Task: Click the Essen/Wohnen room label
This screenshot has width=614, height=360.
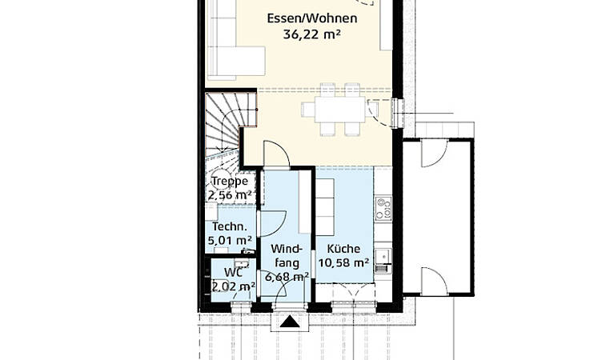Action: click(x=312, y=18)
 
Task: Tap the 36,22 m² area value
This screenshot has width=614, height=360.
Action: click(x=311, y=34)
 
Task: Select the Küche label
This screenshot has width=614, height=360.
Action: click(x=343, y=249)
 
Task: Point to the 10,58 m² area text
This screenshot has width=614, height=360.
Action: click(x=343, y=262)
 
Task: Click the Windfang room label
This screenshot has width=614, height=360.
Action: click(x=287, y=256)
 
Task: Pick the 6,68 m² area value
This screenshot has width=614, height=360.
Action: click(x=287, y=277)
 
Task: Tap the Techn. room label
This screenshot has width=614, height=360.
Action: click(x=230, y=226)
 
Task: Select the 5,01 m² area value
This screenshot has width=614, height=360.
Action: click(x=230, y=240)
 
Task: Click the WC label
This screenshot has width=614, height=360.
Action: click(x=234, y=272)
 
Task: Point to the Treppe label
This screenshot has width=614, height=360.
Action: click(x=230, y=181)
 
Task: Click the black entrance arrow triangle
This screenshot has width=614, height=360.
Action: click(x=290, y=322)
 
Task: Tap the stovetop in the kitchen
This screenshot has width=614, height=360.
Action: click(x=383, y=209)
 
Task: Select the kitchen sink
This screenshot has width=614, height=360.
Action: click(x=382, y=256)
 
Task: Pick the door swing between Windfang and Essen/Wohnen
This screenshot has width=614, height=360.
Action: click(x=277, y=154)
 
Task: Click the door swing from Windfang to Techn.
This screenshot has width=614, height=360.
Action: click(x=273, y=223)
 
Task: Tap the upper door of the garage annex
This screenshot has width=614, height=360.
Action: click(x=434, y=153)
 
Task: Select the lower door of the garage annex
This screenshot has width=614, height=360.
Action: click(x=434, y=281)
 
